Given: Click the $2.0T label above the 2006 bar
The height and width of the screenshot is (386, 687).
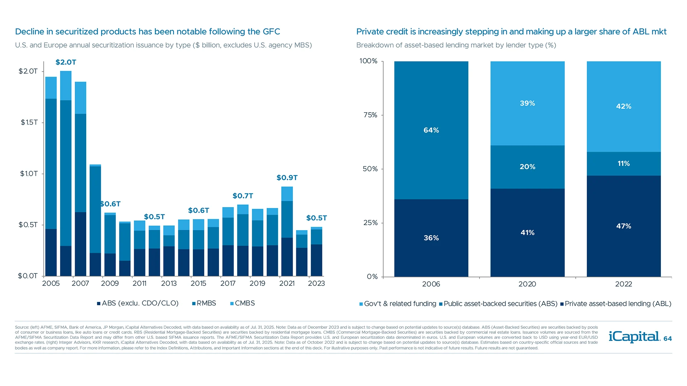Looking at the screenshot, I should pos(66,62).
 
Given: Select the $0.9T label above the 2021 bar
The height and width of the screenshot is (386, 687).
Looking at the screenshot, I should pos(287,178).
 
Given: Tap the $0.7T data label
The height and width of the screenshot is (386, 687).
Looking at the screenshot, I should pos(243,196).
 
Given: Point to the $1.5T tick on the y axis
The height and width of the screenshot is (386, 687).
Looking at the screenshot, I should pos(29,123).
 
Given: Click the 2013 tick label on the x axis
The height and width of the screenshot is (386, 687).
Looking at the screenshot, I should pos(169,283).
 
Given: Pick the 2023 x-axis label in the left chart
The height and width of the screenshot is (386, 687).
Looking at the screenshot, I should pos(316,283).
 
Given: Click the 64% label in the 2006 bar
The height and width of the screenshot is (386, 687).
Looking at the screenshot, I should pos(431,130).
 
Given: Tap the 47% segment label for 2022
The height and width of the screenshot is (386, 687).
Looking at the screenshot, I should pos(624,226).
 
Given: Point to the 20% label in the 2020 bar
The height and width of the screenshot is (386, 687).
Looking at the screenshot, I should pos(527,167).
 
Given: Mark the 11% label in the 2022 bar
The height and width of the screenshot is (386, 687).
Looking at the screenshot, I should pos(624,164).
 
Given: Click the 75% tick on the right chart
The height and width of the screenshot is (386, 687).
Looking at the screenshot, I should pos(370,115).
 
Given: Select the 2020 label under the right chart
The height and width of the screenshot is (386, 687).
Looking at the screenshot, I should pos(527,284).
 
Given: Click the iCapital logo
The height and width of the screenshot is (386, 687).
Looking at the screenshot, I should pos(634,337).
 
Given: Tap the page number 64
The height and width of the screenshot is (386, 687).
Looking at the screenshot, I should pos(668,339).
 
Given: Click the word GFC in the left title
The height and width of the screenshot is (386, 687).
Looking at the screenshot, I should pos(271,32).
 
